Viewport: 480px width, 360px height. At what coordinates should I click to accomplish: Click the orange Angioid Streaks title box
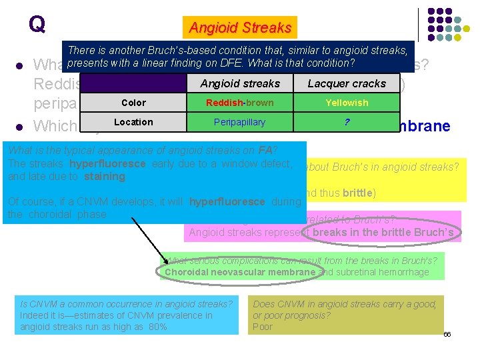click(x=240, y=28)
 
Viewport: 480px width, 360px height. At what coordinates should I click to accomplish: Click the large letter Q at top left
click(x=37, y=25)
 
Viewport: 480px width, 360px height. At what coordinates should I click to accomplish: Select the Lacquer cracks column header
click(x=347, y=83)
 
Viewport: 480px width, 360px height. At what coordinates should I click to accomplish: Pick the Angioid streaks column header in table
click(x=240, y=83)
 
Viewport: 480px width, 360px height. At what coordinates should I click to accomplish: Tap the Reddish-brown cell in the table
click(x=240, y=103)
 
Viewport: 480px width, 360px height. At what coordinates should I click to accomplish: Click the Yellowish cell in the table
click(x=347, y=103)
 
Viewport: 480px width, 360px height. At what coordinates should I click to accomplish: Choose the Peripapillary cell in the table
click(x=240, y=122)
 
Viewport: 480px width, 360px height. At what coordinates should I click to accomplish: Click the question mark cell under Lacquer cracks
click(x=347, y=122)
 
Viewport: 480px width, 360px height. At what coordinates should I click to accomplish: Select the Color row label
click(x=133, y=103)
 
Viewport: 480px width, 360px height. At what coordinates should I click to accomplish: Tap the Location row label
click(x=133, y=122)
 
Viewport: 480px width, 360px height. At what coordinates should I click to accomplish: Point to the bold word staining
click(x=104, y=177)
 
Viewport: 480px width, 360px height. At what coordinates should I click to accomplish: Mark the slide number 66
click(x=447, y=334)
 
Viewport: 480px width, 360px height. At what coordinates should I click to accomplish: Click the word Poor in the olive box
click(x=263, y=327)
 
